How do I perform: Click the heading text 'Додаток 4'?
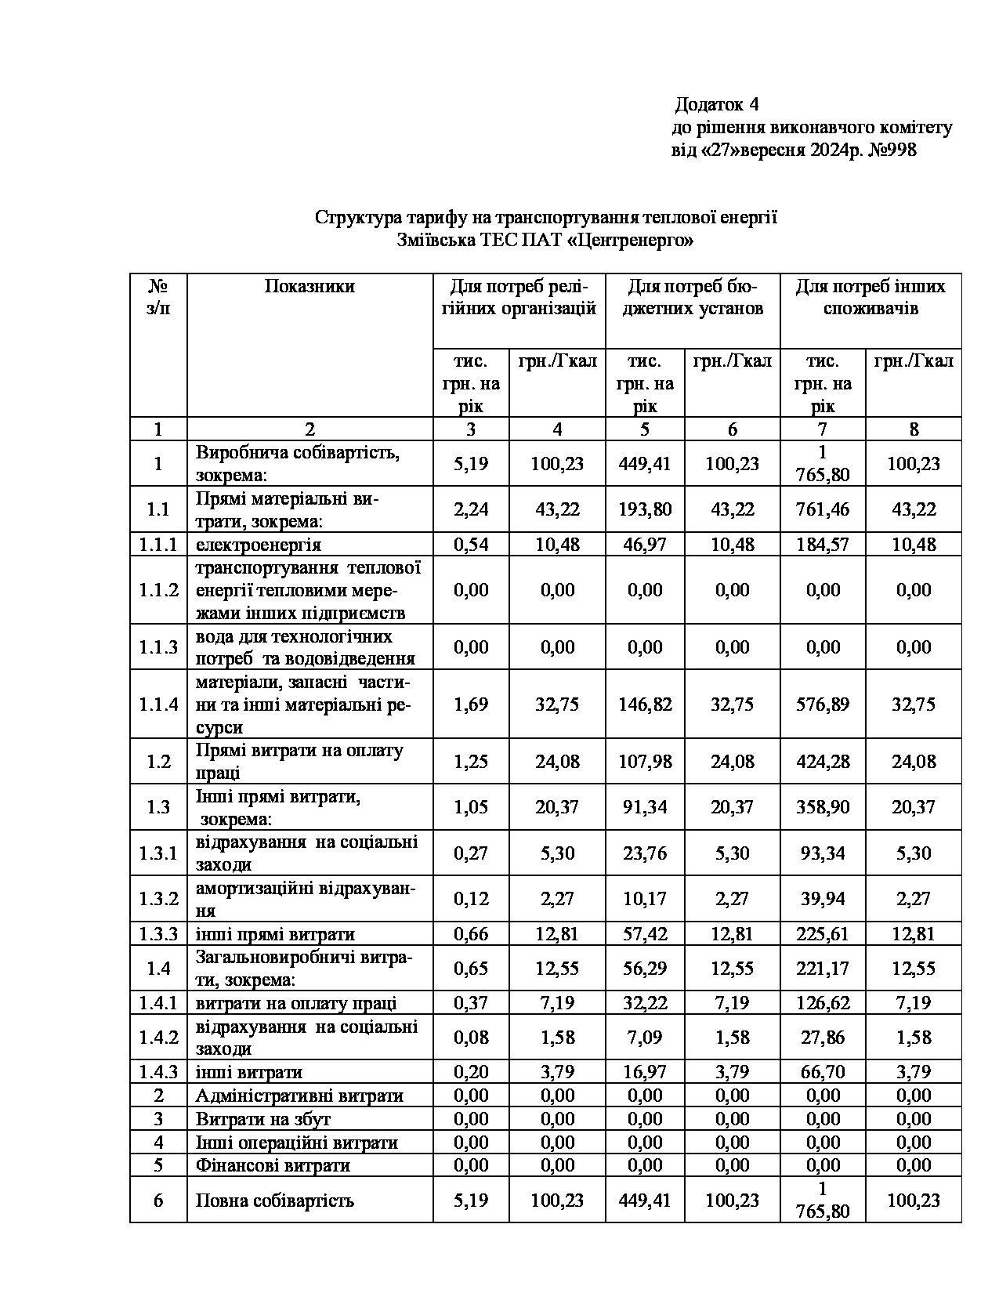(x=718, y=104)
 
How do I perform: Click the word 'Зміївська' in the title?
(x=433, y=240)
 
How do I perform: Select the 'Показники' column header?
(x=309, y=287)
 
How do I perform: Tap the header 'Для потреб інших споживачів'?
(x=871, y=297)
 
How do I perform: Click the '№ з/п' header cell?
(x=158, y=297)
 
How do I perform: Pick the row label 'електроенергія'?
(x=258, y=544)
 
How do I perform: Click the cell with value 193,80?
(x=645, y=509)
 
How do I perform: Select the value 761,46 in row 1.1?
(x=823, y=509)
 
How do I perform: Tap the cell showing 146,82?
(x=645, y=704)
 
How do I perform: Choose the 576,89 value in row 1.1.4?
(x=823, y=704)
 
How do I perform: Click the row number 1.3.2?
(x=158, y=899)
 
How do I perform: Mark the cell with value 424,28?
(x=823, y=762)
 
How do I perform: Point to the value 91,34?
(x=645, y=807)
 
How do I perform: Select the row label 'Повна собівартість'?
(x=274, y=1201)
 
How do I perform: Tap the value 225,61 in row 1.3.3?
(x=823, y=934)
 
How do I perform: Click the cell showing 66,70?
(x=823, y=1072)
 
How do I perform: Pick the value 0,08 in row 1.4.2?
(x=471, y=1038)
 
